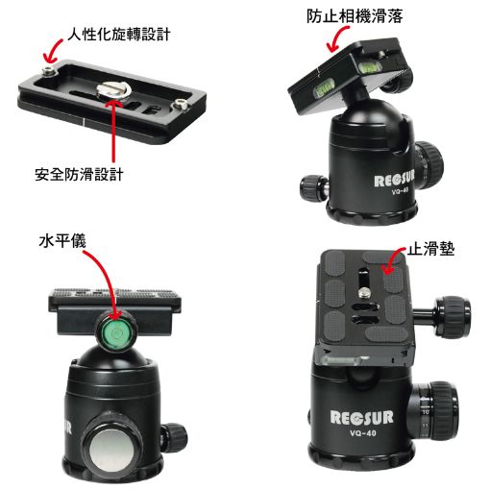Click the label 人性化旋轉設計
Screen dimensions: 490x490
(118, 35)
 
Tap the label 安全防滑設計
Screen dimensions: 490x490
(79, 174)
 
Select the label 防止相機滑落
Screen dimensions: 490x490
(355, 15)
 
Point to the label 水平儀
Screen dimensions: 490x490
(62, 241)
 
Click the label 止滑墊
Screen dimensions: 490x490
(431, 249)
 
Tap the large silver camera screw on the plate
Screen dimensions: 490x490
(113, 90)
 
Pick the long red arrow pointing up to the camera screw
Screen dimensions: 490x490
(113, 131)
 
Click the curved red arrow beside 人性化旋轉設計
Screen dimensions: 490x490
(53, 51)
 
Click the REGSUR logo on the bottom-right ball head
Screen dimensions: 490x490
(361, 418)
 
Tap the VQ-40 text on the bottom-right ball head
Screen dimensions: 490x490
(363, 433)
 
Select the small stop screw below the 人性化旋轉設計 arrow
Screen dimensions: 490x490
(49, 73)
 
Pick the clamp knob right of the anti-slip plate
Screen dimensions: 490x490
(452, 316)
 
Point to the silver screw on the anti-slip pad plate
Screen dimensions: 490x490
(364, 292)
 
